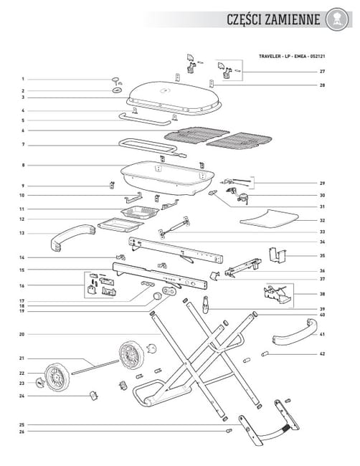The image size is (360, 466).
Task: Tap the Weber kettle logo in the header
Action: coord(337,19)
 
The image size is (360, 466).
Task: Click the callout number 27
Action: coord(322,71)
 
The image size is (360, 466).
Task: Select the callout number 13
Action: coord(22,233)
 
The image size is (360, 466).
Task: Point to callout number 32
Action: coord(322,221)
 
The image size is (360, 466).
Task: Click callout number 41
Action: coord(322,334)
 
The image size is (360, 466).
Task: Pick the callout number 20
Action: coord(22,334)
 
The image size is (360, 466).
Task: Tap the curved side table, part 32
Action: coord(269,219)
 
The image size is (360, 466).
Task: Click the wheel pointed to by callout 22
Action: coord(57,377)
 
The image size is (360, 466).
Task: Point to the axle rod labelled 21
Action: coord(95,366)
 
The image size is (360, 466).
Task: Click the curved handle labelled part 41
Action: coord(294,334)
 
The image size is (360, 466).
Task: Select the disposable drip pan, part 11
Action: coord(140,212)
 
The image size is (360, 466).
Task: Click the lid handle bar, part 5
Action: coord(145,120)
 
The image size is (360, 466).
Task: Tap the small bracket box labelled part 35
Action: coord(278,255)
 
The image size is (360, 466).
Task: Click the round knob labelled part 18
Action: coord(156,296)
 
